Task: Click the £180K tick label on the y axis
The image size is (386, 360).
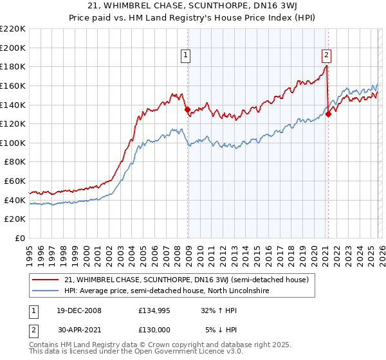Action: (13, 66)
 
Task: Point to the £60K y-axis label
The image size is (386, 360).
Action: (15, 181)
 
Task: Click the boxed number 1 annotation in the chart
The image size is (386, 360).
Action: (185, 56)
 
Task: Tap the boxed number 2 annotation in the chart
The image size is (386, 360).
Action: (327, 56)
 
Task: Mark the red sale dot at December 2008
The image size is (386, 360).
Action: (188, 109)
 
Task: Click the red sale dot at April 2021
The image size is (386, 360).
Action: (328, 114)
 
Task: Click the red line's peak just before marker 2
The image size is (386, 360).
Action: (326, 66)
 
